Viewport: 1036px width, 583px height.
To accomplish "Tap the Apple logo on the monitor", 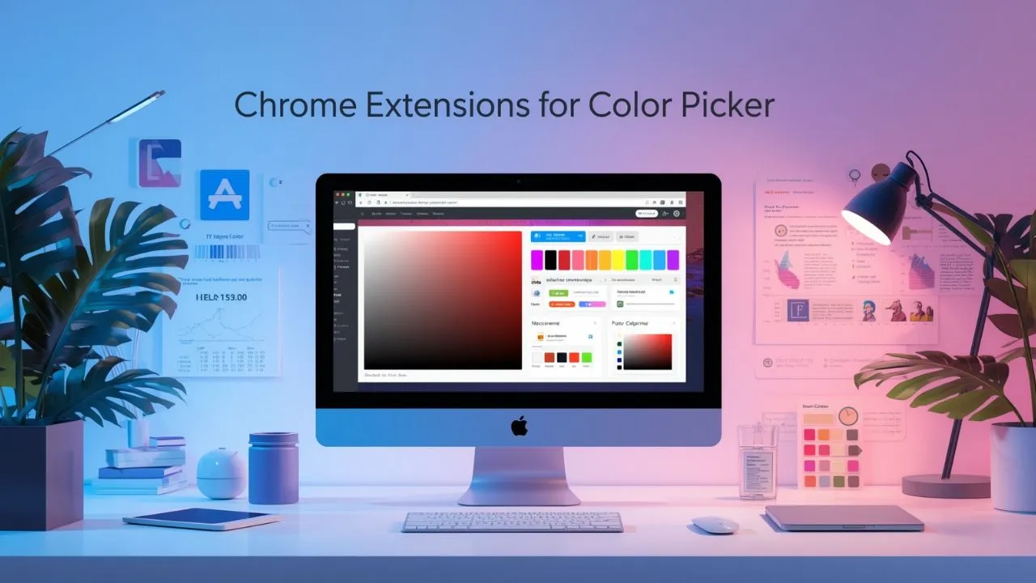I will tap(518, 427).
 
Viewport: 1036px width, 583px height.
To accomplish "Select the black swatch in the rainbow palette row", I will tap(550, 260).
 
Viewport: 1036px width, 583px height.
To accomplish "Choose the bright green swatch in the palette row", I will tap(631, 260).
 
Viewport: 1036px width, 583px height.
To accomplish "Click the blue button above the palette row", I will tap(558, 236).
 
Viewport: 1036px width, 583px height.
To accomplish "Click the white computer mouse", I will tap(715, 525).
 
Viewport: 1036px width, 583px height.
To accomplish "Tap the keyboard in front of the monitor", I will tap(512, 521).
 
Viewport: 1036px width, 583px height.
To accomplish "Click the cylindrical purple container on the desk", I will tap(273, 468).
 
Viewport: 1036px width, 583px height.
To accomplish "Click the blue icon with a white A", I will tap(224, 195).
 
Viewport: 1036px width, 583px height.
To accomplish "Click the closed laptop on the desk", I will tap(844, 517).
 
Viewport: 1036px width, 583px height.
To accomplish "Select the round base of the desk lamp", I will tap(945, 485).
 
